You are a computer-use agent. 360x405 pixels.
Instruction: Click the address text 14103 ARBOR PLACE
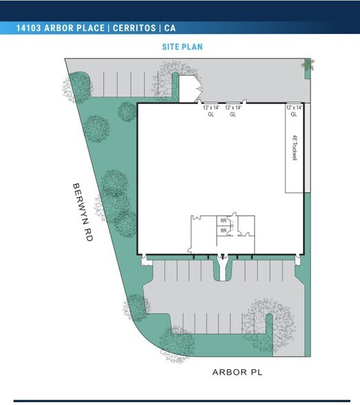pyautogui.click(x=61, y=28)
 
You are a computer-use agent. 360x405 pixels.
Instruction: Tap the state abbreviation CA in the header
pyautogui.click(x=169, y=28)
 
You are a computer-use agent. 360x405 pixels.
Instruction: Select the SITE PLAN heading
pyautogui.click(x=182, y=47)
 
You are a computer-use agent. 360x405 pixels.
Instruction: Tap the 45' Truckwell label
pyautogui.click(x=294, y=147)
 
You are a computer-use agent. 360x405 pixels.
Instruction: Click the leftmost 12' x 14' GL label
pyautogui.click(x=211, y=111)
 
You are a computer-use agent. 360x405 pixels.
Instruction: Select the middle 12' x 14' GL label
pyautogui.click(x=233, y=111)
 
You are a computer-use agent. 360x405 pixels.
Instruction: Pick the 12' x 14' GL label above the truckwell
pyautogui.click(x=294, y=111)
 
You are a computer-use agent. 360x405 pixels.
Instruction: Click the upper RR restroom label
pyautogui.click(x=224, y=221)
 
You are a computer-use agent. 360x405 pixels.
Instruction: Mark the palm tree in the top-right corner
pyautogui.click(x=306, y=65)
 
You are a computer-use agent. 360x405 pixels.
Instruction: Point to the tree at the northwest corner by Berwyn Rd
pyautogui.click(x=77, y=86)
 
